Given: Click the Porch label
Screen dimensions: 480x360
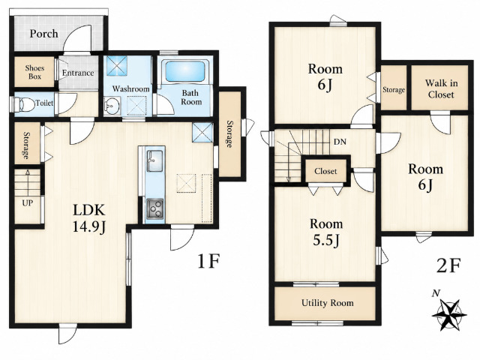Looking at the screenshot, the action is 43,33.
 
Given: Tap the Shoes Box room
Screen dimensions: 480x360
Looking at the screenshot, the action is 34,72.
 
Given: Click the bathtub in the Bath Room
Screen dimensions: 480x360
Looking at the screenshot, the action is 184,71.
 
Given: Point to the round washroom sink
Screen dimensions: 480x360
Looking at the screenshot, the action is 112,105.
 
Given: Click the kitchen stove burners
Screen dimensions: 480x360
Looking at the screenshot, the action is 155,208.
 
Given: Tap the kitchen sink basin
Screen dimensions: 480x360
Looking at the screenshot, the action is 155,160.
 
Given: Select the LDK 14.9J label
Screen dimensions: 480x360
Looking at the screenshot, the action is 89,218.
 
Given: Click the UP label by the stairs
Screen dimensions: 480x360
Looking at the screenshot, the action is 28,203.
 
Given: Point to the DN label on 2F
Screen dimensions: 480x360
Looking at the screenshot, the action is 340,142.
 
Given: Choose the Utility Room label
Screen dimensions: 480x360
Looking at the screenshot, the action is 327,303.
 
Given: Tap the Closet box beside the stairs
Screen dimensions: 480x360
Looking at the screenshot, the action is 325,171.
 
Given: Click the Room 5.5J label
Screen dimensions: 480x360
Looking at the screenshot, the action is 326,232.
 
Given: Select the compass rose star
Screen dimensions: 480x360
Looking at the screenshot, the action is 449,314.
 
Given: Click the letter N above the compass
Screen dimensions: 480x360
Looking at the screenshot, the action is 436,293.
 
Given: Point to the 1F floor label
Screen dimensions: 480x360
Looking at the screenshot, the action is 208,261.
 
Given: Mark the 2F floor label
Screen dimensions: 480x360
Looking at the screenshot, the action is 448,265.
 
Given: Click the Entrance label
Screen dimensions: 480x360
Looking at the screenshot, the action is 78,73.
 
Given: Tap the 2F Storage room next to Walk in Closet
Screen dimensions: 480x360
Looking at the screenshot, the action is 394,88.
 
